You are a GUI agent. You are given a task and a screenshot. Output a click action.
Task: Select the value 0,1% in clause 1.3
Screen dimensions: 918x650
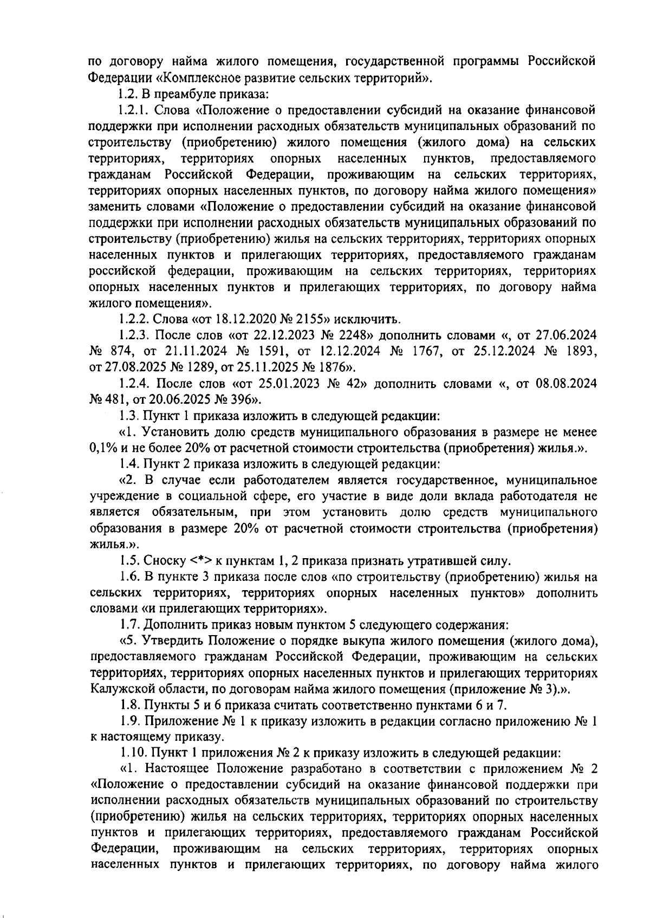click(x=101, y=448)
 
